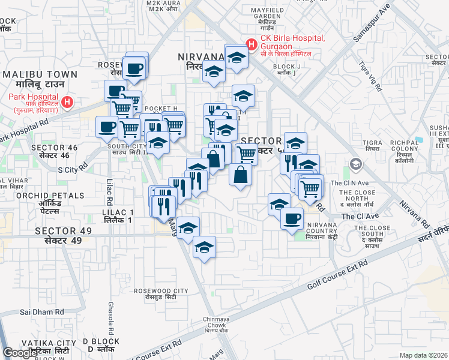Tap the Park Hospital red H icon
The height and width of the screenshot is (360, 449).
click(68, 103)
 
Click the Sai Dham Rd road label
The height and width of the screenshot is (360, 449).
click(42, 312)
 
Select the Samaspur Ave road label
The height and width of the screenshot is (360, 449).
click(372, 23)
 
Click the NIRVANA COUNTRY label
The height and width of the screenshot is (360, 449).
click(322, 228)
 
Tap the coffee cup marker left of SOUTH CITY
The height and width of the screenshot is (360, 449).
click(107, 127)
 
